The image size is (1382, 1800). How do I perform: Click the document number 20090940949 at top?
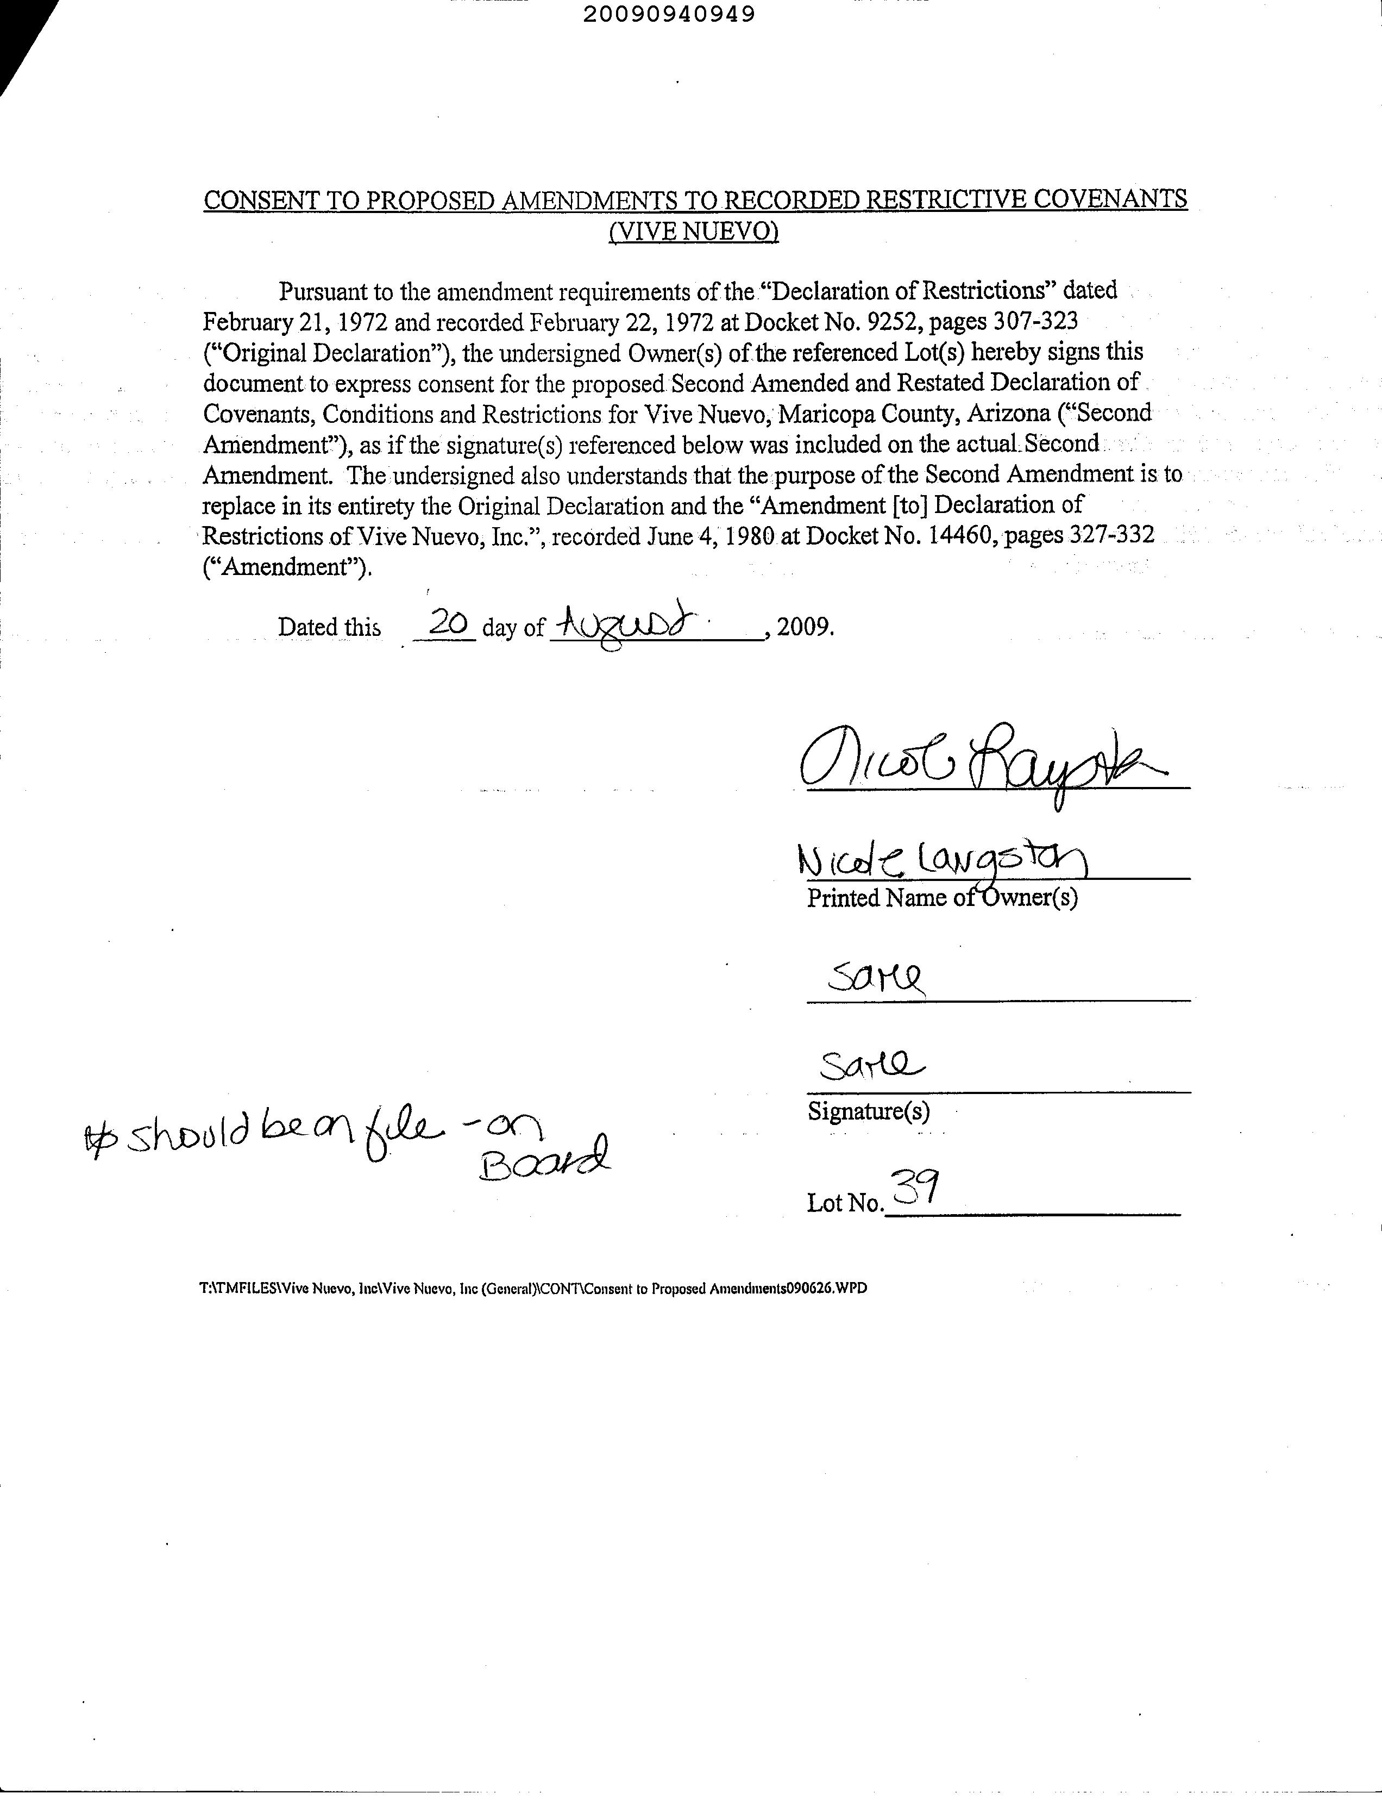[x=669, y=15]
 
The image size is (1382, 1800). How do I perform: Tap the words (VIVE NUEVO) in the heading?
[x=694, y=232]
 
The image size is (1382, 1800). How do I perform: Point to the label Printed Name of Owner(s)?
[x=942, y=898]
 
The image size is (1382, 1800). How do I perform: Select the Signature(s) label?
[x=869, y=1112]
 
